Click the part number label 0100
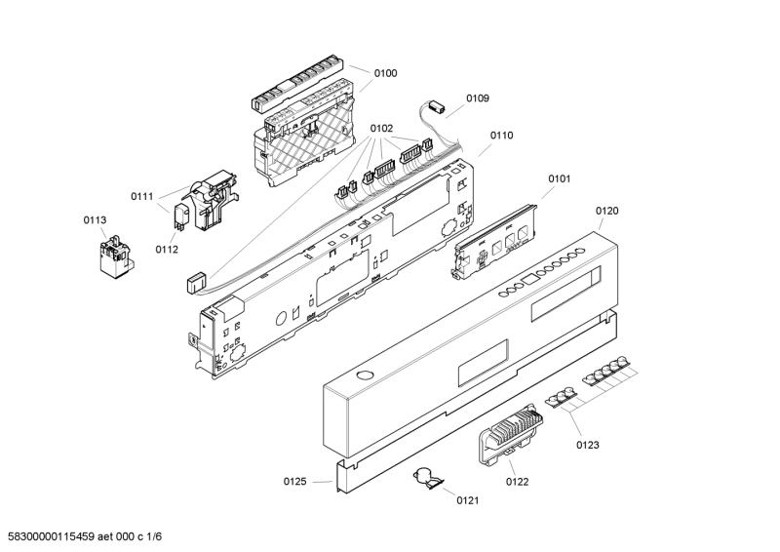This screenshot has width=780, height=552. (385, 74)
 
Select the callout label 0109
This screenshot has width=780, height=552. (478, 99)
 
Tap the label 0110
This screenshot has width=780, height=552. (501, 136)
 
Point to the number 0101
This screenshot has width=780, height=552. (559, 178)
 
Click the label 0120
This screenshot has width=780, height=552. (606, 211)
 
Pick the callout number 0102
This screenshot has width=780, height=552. (381, 129)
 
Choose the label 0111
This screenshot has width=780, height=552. (142, 197)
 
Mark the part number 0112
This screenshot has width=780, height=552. (167, 250)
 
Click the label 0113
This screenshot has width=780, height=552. (95, 220)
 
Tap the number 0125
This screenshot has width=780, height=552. (295, 482)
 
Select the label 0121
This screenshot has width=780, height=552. (468, 500)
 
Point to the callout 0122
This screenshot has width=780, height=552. (518, 482)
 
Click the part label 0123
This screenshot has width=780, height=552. (588, 445)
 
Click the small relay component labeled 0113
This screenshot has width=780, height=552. (115, 256)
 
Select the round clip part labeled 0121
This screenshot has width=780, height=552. (427, 478)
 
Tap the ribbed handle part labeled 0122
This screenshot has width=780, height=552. (510, 434)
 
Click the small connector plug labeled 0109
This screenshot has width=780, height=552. (436, 106)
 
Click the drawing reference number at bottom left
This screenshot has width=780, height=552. (82, 536)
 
